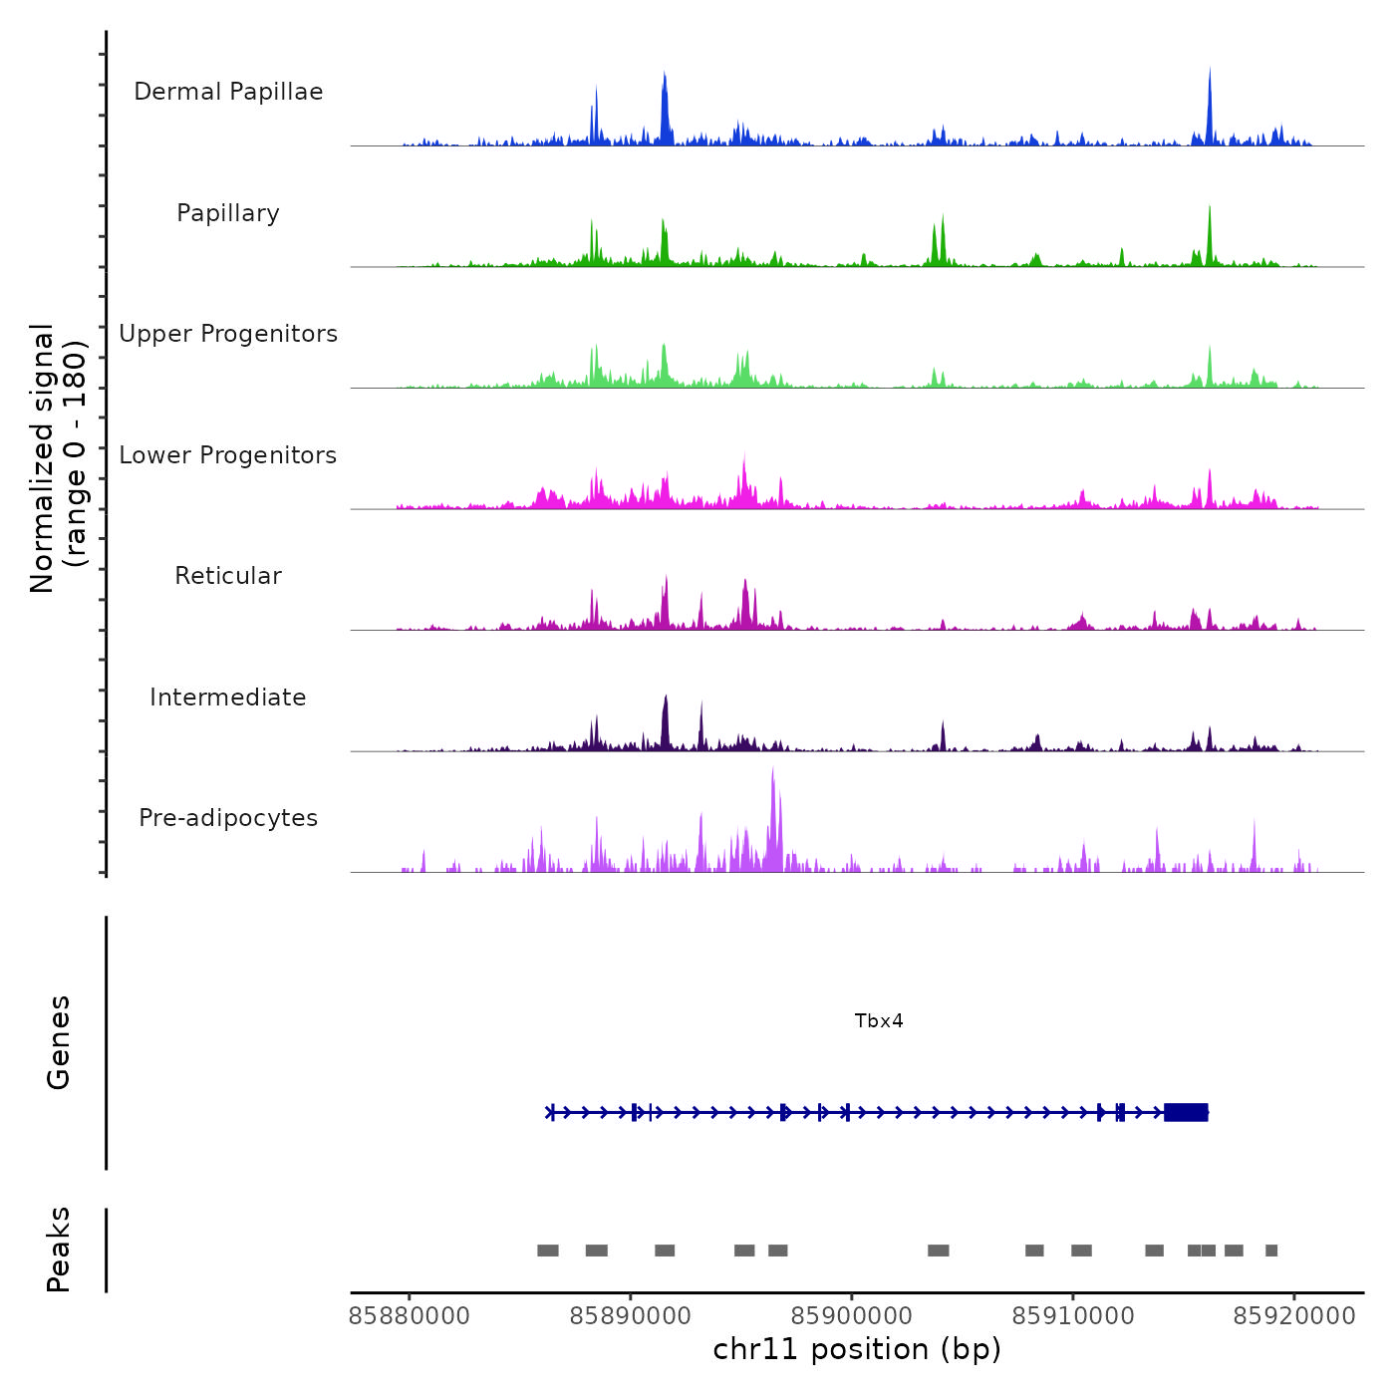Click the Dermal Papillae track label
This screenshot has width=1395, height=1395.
click(x=228, y=92)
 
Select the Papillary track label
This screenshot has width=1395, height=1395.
click(x=228, y=213)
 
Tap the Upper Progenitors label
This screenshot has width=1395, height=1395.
click(x=228, y=334)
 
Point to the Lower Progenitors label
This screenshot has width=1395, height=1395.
click(x=228, y=455)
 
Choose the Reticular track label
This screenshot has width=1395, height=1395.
click(x=228, y=576)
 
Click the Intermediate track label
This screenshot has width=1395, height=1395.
click(x=228, y=697)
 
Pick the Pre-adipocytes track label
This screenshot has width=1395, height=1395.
click(x=228, y=818)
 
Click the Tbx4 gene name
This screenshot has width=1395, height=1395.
click(x=879, y=1020)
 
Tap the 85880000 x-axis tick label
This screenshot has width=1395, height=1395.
click(x=410, y=1316)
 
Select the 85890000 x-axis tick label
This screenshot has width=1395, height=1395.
click(x=631, y=1316)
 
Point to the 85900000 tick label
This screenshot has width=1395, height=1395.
click(x=852, y=1316)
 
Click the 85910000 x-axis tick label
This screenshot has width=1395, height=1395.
click(x=1073, y=1316)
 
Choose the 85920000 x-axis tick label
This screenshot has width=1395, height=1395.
click(x=1294, y=1316)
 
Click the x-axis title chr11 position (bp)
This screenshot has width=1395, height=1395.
click(x=857, y=1349)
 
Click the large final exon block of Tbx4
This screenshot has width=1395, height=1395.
click(x=1186, y=1112)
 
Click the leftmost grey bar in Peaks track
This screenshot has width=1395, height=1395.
click(x=548, y=1251)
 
